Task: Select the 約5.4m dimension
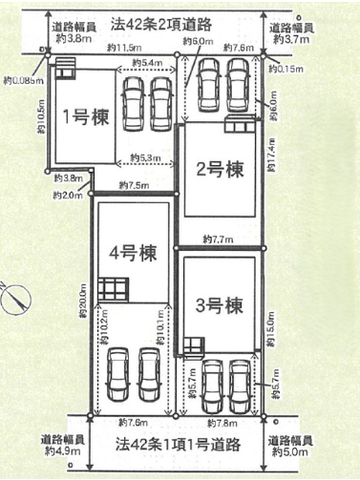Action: click(x=143, y=63)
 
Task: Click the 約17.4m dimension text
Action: click(x=274, y=155)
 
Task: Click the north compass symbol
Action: click(x=13, y=299)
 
